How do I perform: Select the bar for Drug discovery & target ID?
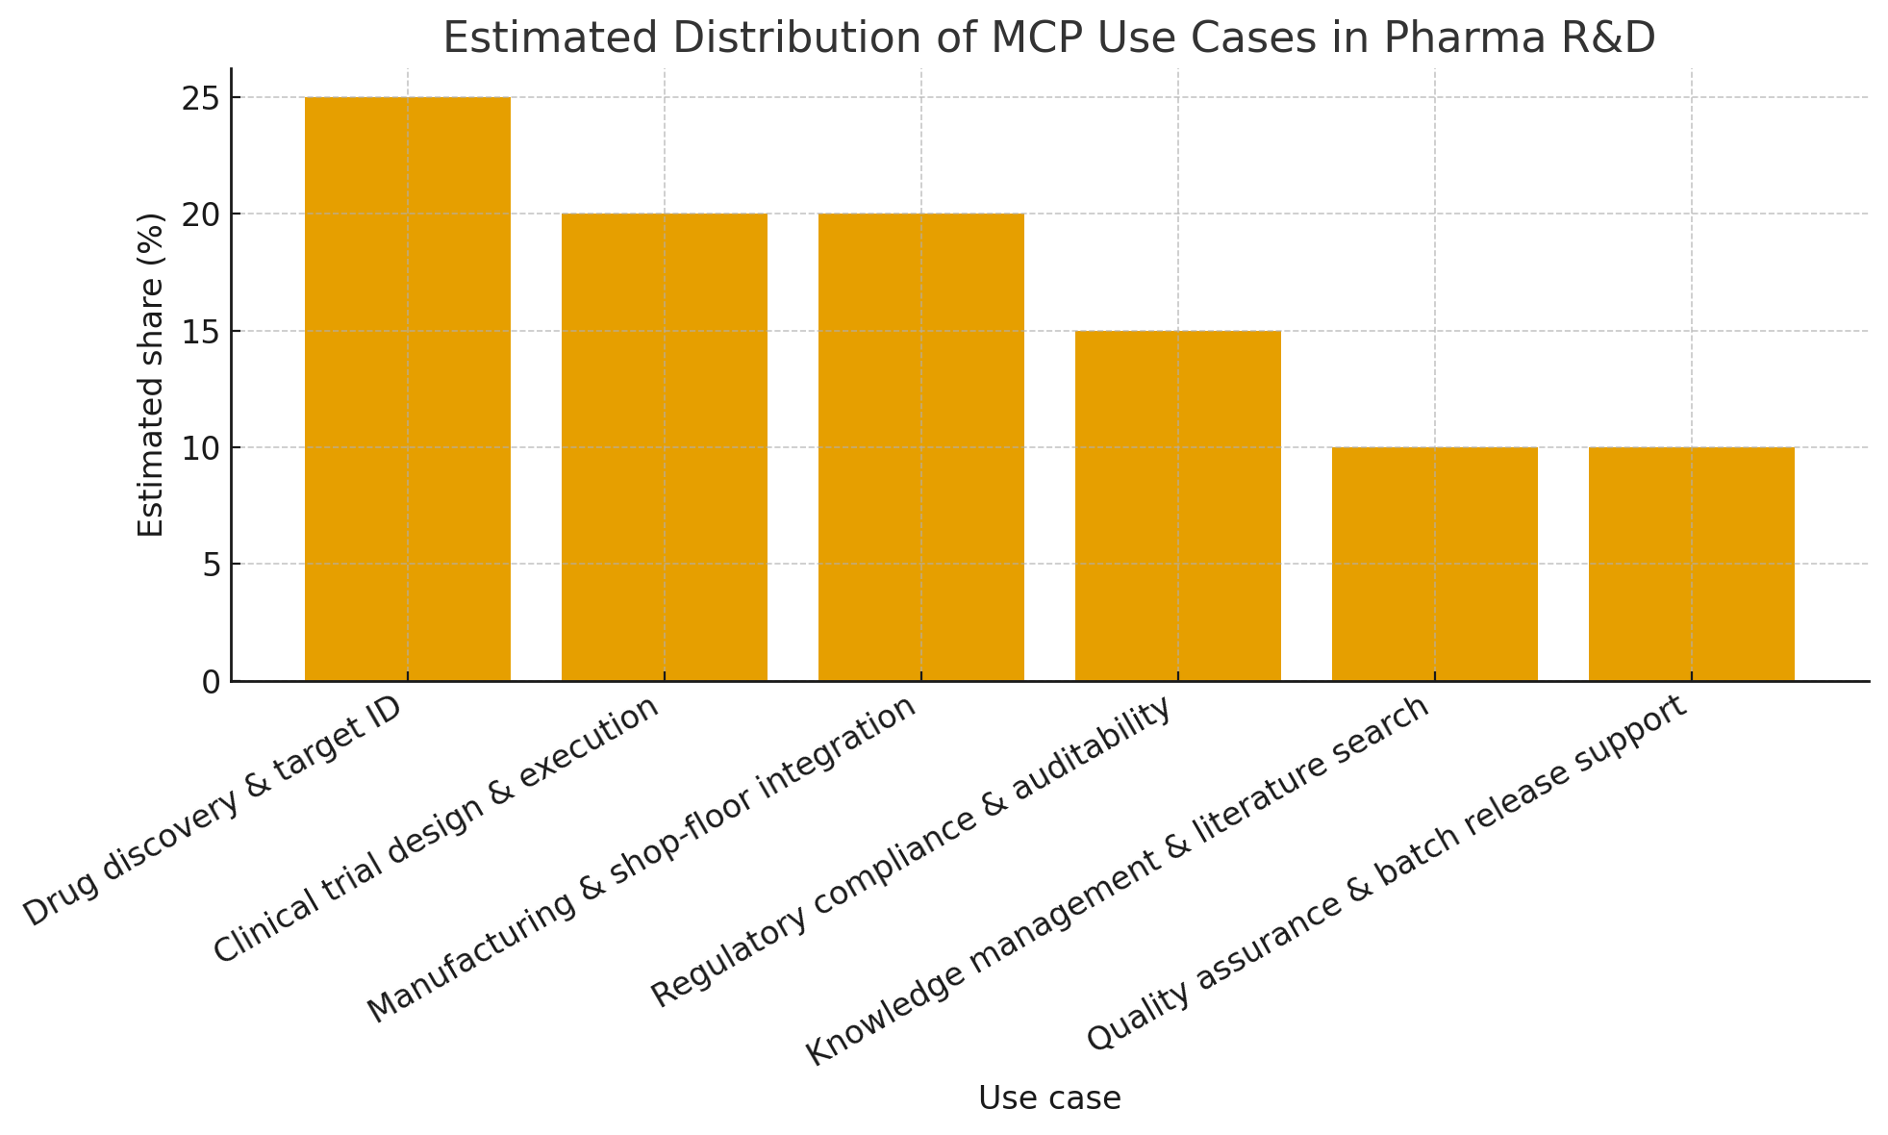pos(407,389)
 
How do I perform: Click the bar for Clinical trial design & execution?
pos(664,447)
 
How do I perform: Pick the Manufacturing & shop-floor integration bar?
pos(920,447)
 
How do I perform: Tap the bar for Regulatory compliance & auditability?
pos(1177,506)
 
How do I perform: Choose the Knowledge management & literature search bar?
pos(1434,564)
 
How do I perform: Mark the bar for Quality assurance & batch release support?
pos(1691,564)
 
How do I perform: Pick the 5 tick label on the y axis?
pos(211,565)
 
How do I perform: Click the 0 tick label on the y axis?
pos(211,682)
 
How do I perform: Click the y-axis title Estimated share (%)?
pos(151,375)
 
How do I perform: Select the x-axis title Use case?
pos(1049,1097)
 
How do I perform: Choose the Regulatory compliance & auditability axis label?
pos(912,850)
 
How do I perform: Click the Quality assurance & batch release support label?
pos(1386,871)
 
